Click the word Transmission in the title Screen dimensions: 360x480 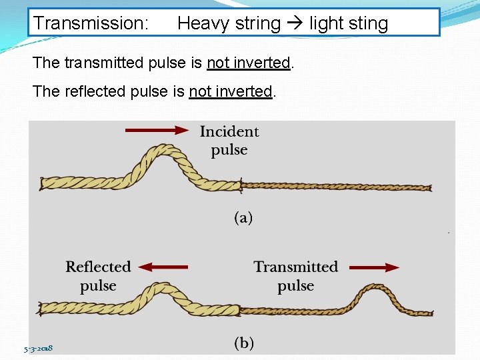pyautogui.click(x=91, y=23)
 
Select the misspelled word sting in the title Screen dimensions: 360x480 pyautogui.click(x=366, y=23)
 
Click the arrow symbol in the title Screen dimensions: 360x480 pyautogui.click(x=295, y=23)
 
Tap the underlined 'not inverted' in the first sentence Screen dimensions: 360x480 pyautogui.click(x=249, y=63)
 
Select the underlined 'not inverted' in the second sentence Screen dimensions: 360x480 pyautogui.click(x=231, y=91)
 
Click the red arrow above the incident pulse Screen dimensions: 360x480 pyautogui.click(x=157, y=131)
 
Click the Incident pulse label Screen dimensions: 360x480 pyautogui.click(x=229, y=141)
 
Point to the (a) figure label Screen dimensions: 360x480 pyautogui.click(x=243, y=218)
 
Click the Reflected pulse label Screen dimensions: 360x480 pyautogui.click(x=98, y=276)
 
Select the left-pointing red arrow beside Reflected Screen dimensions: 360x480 pyautogui.click(x=165, y=267)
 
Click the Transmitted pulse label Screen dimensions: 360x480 pyautogui.click(x=295, y=276)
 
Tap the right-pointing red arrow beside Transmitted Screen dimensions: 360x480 pyautogui.click(x=374, y=267)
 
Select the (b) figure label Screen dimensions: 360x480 pyautogui.click(x=243, y=343)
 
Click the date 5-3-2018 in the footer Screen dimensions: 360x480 pyautogui.click(x=39, y=348)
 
